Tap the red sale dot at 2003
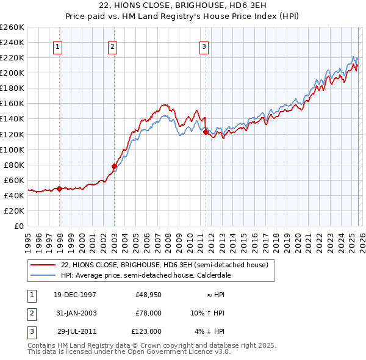click(x=114, y=166)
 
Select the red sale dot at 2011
click(x=206, y=132)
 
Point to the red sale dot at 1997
click(x=59, y=189)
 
